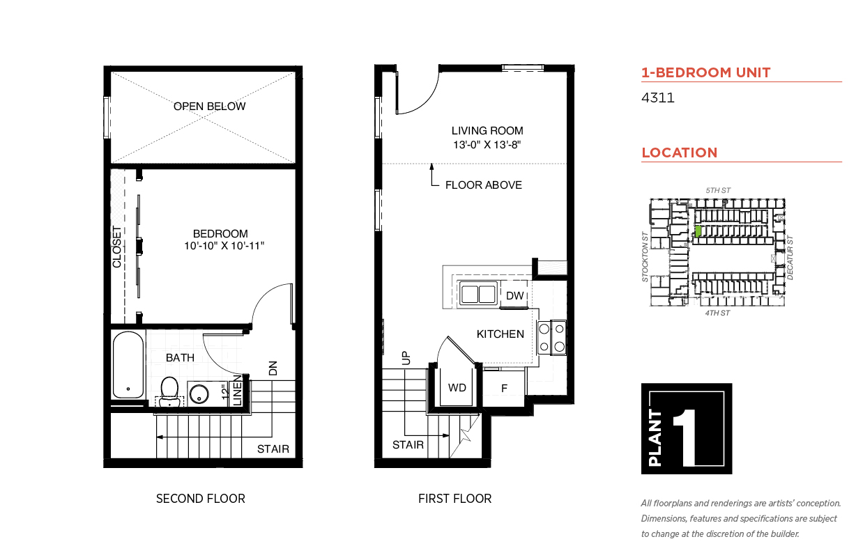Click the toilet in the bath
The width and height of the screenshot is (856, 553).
[169, 392]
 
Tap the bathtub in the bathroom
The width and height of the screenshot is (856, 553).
[128, 365]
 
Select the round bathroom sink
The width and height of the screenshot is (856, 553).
[199, 394]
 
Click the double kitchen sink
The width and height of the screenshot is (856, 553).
[478, 294]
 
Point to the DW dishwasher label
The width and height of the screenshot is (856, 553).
[514, 295]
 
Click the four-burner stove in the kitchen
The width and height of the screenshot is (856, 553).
[551, 338]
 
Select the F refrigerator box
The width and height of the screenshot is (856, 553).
[504, 389]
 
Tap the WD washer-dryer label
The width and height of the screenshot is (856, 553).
[457, 388]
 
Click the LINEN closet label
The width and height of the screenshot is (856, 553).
[237, 391]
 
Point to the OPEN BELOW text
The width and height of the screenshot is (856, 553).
[209, 106]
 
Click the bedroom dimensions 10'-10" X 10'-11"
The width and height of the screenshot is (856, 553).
[224, 246]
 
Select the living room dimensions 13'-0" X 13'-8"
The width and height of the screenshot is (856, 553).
[487, 145]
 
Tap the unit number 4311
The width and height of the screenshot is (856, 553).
[657, 98]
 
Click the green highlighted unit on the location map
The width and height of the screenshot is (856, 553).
[698, 231]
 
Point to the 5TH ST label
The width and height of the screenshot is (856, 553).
[718, 190]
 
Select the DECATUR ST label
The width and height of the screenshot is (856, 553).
[790, 258]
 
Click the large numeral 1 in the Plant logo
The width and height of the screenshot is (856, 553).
[685, 437]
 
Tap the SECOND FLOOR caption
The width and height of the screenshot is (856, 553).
[201, 499]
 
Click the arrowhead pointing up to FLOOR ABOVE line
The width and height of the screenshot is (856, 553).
[431, 166]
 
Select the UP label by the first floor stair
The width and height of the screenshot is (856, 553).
[406, 358]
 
